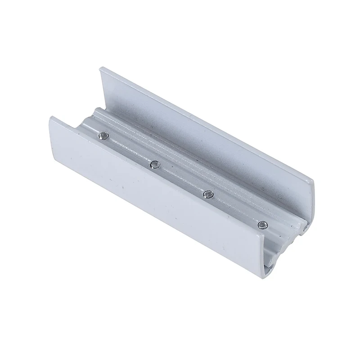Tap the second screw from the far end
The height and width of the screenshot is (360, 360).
[x=154, y=164]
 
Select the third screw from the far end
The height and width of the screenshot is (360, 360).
[x=207, y=193]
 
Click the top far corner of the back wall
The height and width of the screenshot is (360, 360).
[x=99, y=67]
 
